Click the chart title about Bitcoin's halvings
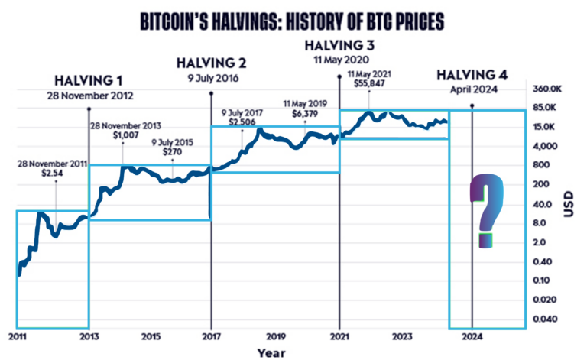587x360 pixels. (293, 21)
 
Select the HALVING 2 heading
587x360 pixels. (210, 62)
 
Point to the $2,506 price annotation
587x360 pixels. (242, 122)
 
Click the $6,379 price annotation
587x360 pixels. (305, 113)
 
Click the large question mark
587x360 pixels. (487, 210)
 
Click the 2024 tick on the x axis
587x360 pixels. (472, 336)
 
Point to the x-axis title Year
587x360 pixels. (271, 352)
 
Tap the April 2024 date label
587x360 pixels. (471, 89)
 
